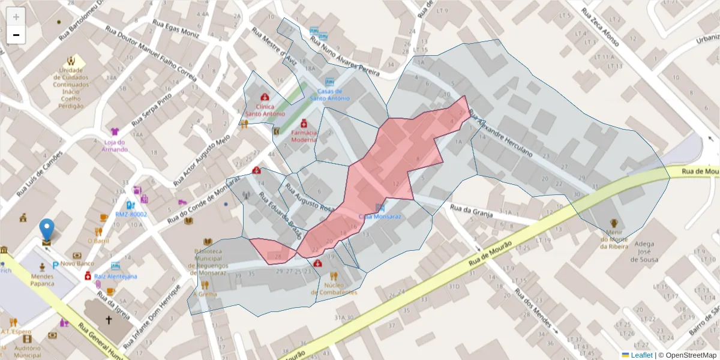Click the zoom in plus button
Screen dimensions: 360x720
point(16,17)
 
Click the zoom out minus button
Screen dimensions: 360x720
point(16,35)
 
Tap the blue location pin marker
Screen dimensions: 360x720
point(46,231)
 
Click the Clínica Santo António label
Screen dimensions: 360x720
point(265,110)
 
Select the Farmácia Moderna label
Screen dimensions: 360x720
point(304,136)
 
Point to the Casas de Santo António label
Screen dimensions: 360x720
point(329,94)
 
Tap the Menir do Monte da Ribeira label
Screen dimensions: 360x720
point(613,239)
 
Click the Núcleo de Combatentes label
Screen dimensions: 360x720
point(334,289)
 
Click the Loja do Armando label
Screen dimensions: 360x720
point(115,145)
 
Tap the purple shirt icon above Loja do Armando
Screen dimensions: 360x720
point(115,131)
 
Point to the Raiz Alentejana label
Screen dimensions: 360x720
point(116,277)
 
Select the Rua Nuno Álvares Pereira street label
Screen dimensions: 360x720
point(345,57)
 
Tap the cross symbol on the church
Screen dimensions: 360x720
point(109,320)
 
